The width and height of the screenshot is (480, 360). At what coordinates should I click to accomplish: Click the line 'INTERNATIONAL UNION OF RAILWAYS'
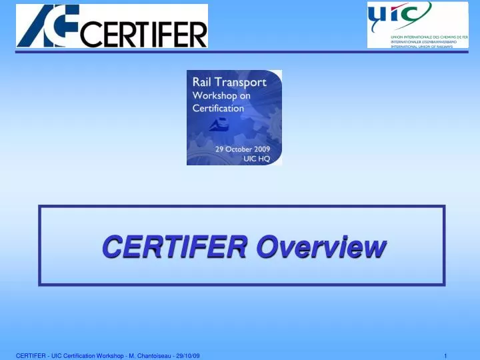421,46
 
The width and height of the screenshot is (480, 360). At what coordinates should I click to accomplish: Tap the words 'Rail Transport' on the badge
229,83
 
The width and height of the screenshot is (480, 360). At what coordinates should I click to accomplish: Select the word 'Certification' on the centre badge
218,107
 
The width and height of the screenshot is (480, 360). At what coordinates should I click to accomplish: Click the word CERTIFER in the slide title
176,246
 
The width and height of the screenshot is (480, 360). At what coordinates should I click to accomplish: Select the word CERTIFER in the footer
30,355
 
